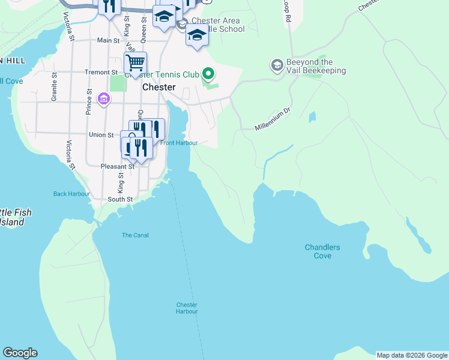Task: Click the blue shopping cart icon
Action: [x=136, y=62]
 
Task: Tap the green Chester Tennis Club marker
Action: [x=208, y=74]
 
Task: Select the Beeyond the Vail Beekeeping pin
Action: [x=277, y=64]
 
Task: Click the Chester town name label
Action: [x=159, y=87]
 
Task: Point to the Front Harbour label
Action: [x=179, y=143]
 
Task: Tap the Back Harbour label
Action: [x=71, y=194]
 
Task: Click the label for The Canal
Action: [x=135, y=235]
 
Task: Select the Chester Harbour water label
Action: [x=187, y=308]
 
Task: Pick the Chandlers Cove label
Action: [x=322, y=251]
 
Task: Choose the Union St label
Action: [x=101, y=135]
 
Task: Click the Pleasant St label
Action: [x=101, y=166]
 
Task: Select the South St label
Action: [x=120, y=199]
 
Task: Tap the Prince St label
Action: [x=89, y=103]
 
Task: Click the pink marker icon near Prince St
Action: [x=103, y=98]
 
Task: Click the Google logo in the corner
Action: [x=20, y=353]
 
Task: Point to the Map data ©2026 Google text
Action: [x=412, y=355]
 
